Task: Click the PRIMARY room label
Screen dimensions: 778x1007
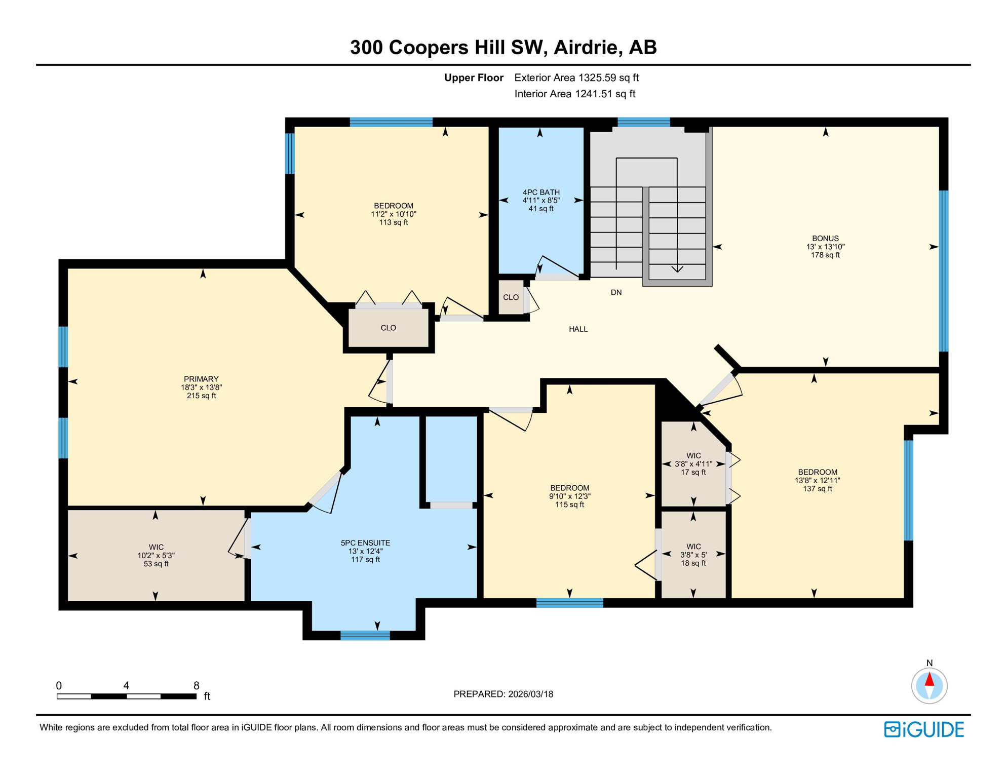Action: click(201, 379)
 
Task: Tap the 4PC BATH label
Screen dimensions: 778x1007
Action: click(541, 192)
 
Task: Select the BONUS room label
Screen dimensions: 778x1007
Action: click(825, 239)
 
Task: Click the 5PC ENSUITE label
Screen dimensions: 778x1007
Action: click(365, 543)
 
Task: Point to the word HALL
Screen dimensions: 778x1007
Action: click(578, 329)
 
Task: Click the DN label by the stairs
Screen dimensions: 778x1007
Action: click(616, 293)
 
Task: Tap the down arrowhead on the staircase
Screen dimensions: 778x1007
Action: click(677, 269)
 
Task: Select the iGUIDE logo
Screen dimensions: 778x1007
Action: click(924, 729)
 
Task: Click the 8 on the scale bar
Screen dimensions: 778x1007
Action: click(197, 686)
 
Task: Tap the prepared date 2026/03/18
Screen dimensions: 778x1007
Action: click(529, 694)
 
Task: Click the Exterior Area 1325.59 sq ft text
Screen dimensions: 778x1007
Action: click(576, 78)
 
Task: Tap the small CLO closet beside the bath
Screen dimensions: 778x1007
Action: click(511, 297)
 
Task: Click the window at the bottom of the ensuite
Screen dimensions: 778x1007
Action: click(365, 636)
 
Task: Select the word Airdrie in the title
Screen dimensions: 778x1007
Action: click(587, 47)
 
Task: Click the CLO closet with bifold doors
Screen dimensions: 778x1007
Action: click(388, 328)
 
